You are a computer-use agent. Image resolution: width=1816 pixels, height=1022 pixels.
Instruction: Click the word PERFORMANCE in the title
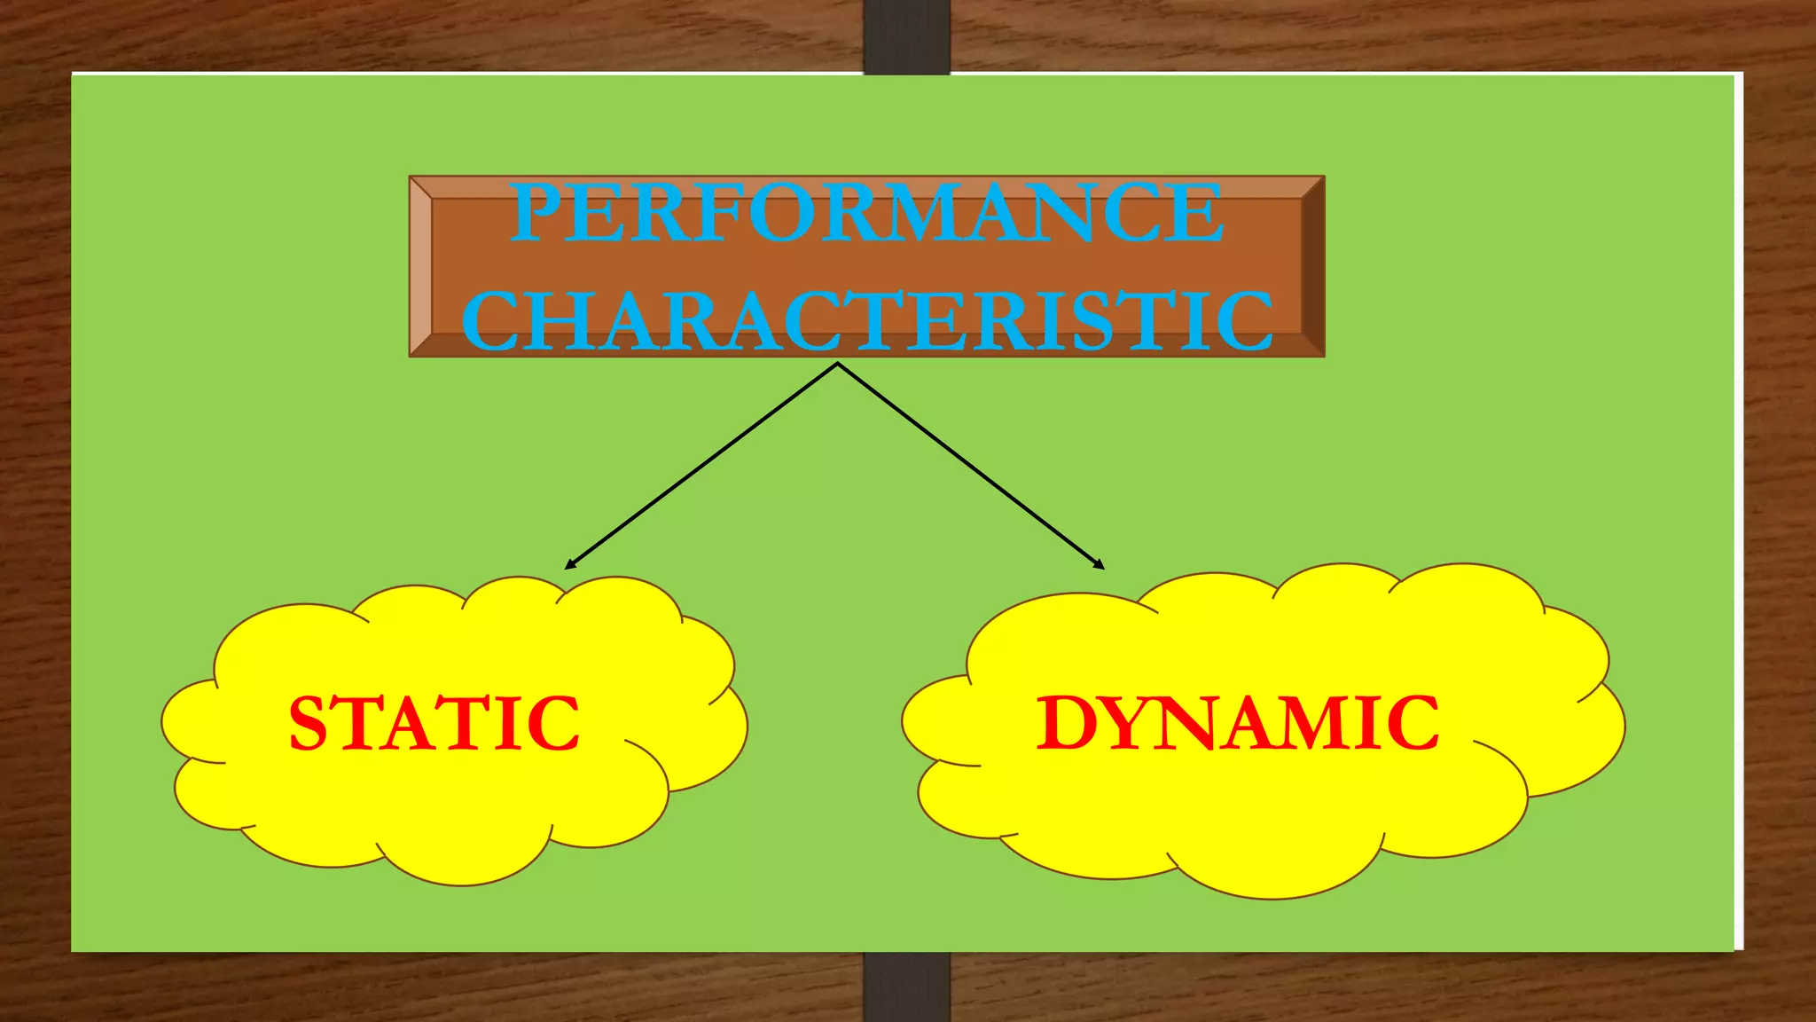point(867,213)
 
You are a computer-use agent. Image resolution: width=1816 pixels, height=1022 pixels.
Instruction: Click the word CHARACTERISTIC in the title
point(867,320)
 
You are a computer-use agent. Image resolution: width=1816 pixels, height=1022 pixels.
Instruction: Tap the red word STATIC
point(434,724)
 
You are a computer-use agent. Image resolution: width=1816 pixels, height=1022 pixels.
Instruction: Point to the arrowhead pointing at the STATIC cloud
point(569,565)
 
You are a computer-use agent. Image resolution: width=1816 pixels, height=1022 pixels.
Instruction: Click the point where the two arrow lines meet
point(837,364)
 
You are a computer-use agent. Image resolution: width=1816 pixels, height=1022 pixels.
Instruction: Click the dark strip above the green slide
point(906,35)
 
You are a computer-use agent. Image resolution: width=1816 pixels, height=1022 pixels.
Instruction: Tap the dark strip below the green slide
point(906,987)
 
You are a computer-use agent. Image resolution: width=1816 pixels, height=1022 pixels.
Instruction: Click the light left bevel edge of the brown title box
point(420,266)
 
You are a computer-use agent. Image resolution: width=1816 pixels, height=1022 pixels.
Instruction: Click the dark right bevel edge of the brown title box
point(1312,266)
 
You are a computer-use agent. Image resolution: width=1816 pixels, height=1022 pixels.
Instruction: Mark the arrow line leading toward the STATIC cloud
point(701,467)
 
